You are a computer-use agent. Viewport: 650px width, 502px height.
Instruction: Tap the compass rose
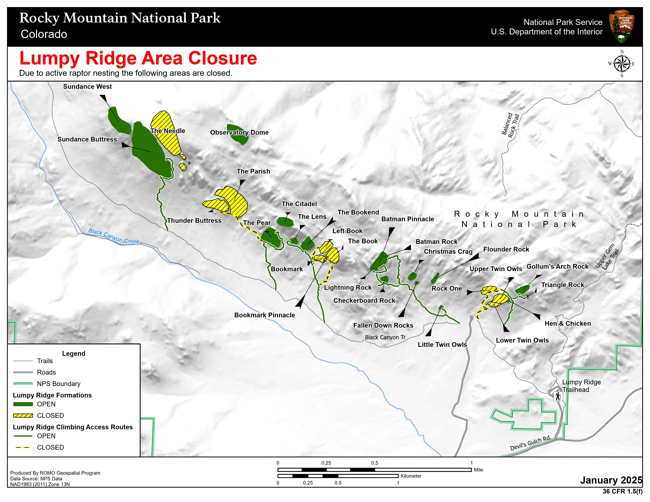click(x=622, y=64)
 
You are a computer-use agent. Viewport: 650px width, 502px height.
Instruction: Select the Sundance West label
click(x=87, y=87)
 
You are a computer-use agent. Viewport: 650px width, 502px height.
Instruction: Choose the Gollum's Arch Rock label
click(x=557, y=267)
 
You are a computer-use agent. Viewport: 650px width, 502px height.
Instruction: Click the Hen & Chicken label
click(x=567, y=324)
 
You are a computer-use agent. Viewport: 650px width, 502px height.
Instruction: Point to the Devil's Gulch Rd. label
click(x=530, y=443)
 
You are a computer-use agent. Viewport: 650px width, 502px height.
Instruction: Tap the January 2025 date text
click(x=611, y=480)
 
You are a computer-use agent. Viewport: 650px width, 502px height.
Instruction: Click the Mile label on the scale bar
click(x=478, y=470)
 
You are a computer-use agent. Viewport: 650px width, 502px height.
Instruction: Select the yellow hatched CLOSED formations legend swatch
click(x=23, y=415)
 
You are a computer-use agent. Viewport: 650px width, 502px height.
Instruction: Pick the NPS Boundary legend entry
click(x=58, y=384)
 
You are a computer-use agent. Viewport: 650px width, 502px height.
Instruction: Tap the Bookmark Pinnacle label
click(x=264, y=315)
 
